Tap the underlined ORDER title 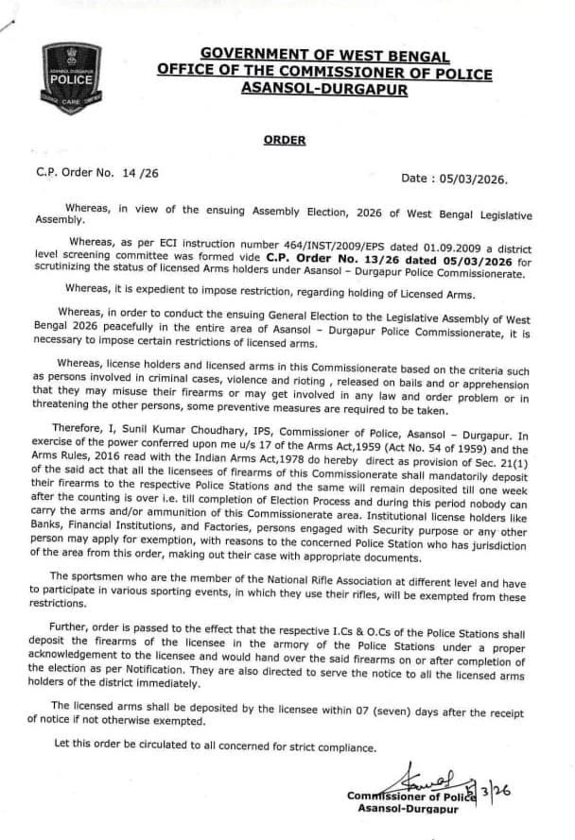[284, 140]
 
